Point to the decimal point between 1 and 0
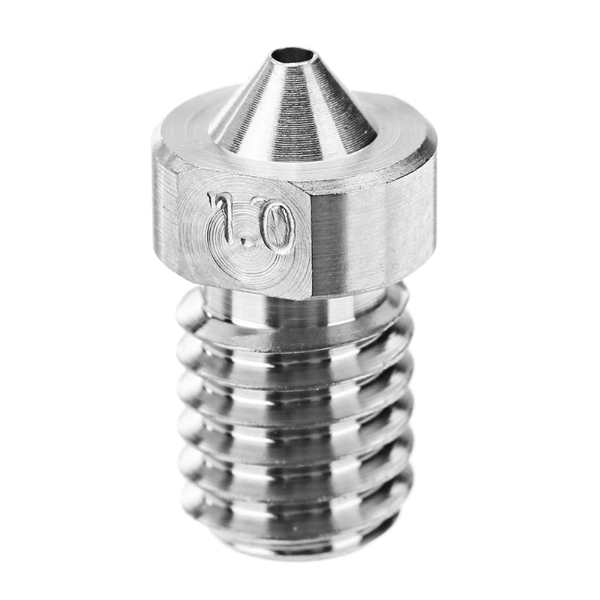point(250,242)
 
